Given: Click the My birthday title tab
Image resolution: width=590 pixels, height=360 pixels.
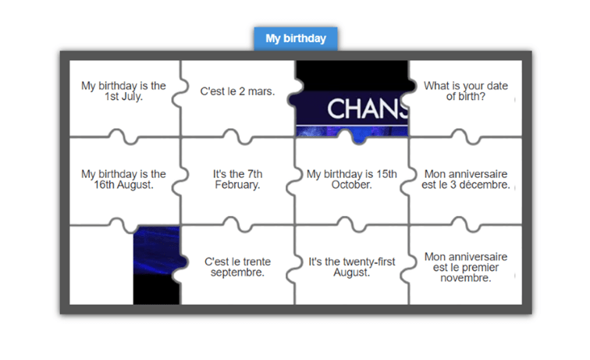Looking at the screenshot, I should tap(295, 38).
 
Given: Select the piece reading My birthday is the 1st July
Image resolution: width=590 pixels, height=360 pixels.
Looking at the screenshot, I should tap(123, 91).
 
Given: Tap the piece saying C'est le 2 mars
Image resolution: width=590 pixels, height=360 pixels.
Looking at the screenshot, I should tap(237, 91).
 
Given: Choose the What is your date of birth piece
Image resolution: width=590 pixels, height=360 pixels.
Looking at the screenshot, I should tap(466, 91).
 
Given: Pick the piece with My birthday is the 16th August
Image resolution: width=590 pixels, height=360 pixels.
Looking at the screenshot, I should tap(123, 180).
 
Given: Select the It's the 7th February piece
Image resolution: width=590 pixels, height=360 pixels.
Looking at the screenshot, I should tap(237, 180).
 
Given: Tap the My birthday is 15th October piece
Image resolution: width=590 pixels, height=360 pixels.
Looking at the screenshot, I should tap(351, 180).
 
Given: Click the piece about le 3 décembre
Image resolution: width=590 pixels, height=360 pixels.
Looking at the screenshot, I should tap(466, 180).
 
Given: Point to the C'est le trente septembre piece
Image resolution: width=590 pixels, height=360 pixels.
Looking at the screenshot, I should tap(237, 267).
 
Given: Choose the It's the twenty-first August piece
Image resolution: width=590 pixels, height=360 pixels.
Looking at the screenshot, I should tap(351, 267).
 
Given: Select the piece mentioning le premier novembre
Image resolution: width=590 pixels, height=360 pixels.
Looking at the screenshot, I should tap(466, 267).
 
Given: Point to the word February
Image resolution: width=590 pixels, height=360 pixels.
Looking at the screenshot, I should tap(237, 185).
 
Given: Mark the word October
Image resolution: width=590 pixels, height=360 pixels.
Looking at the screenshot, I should tap(351, 185).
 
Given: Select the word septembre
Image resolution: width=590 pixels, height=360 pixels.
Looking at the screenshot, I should tap(237, 273).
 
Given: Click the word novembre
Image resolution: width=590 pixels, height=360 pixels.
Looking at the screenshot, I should tap(466, 278).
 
